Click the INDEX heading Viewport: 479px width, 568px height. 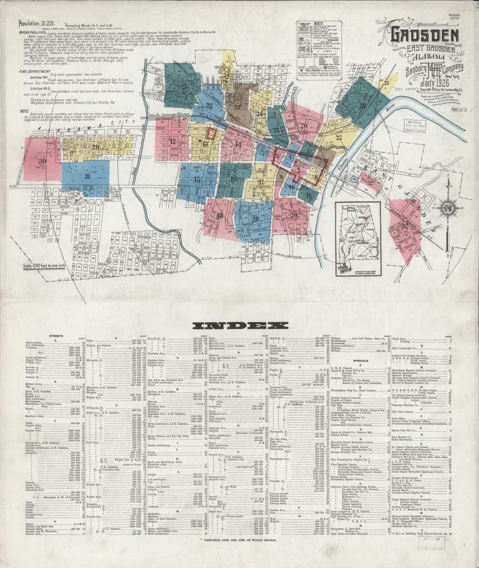[240, 326]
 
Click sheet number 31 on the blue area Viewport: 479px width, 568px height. [87, 176]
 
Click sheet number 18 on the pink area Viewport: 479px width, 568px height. [219, 215]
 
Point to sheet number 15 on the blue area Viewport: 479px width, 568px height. [197, 179]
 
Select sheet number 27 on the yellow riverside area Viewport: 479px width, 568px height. [339, 137]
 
